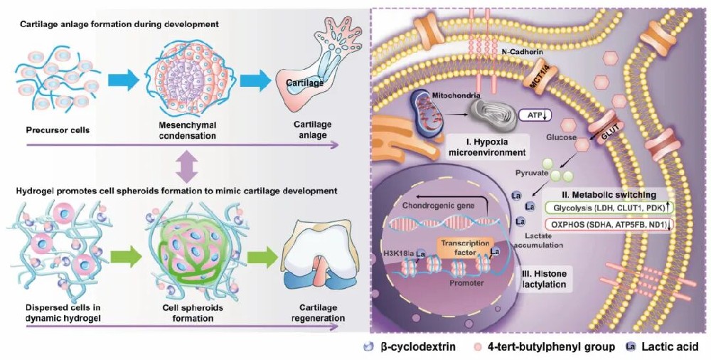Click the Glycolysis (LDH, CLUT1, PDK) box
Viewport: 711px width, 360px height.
(609, 207)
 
